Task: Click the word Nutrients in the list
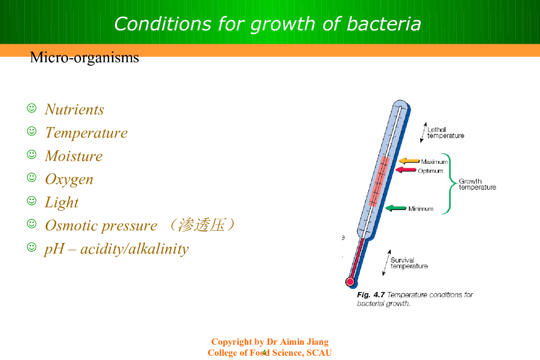[74, 110]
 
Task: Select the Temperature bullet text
[86, 133]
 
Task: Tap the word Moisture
[74, 156]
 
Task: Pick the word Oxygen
[69, 180]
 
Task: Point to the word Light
[62, 203]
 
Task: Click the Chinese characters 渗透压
[201, 226]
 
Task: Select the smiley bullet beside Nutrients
[32, 108]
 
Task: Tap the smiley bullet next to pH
[32, 247]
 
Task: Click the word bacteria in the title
[384, 24]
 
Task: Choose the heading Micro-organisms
[84, 57]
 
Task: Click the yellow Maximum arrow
[409, 161]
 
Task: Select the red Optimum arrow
[406, 170]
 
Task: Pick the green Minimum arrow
[396, 208]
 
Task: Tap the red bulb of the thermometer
[350, 282]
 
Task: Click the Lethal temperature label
[446, 132]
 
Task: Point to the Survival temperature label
[409, 263]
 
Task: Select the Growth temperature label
[477, 184]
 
